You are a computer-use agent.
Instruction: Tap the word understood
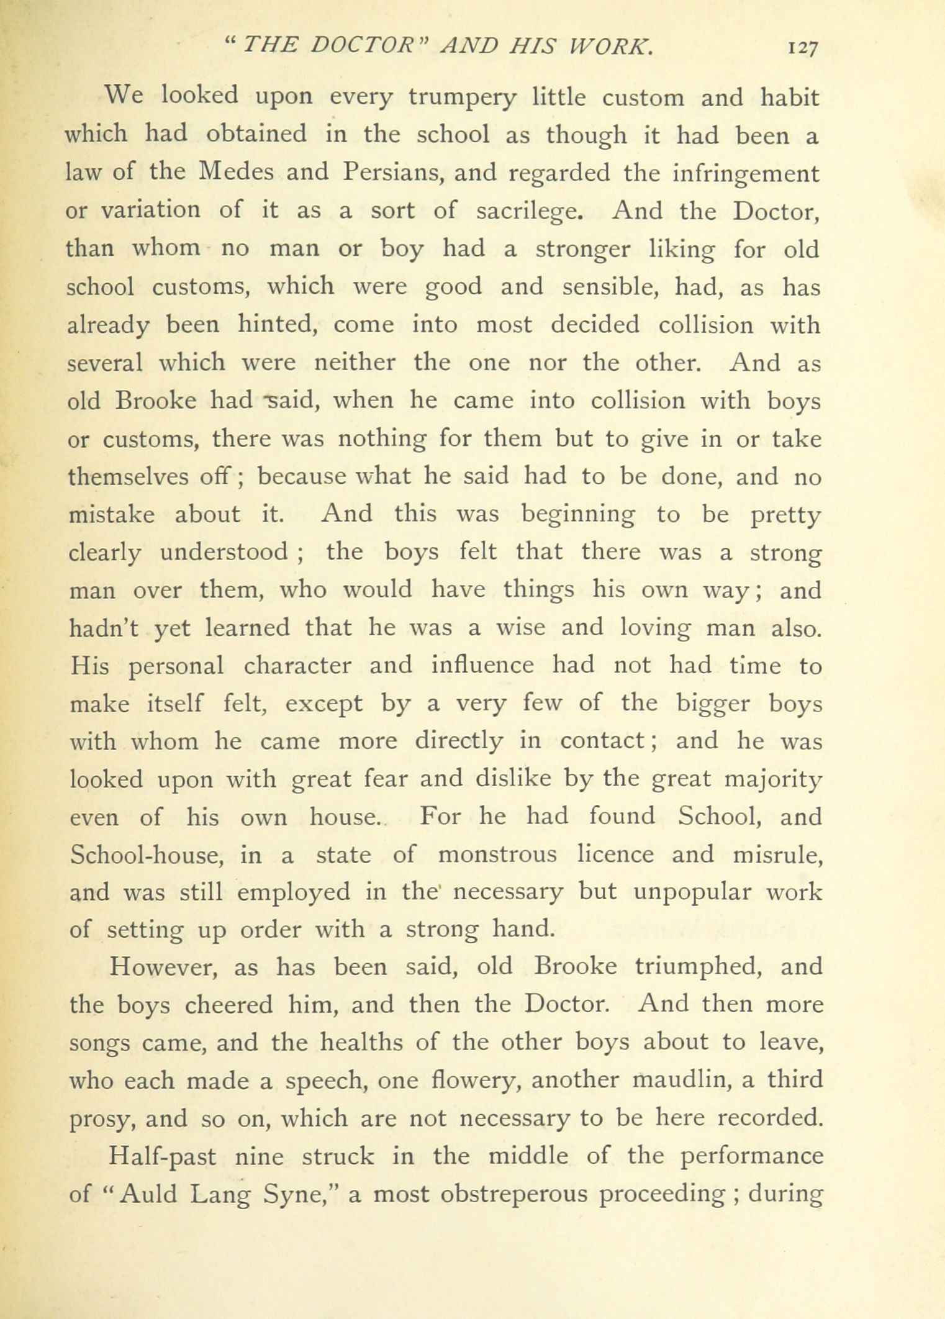click(224, 552)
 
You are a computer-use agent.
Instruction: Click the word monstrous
click(497, 855)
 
